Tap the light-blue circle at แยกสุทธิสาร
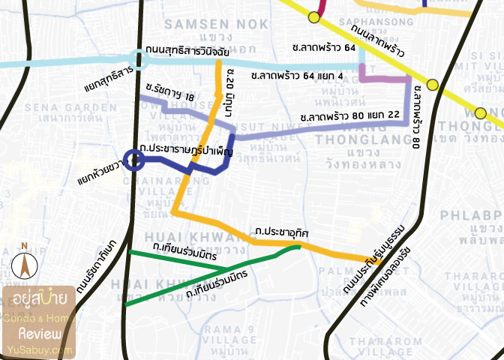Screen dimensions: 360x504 coord(137,58)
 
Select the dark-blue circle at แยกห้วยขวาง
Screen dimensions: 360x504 coord(134,160)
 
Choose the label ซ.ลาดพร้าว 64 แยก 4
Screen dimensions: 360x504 coord(296,76)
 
